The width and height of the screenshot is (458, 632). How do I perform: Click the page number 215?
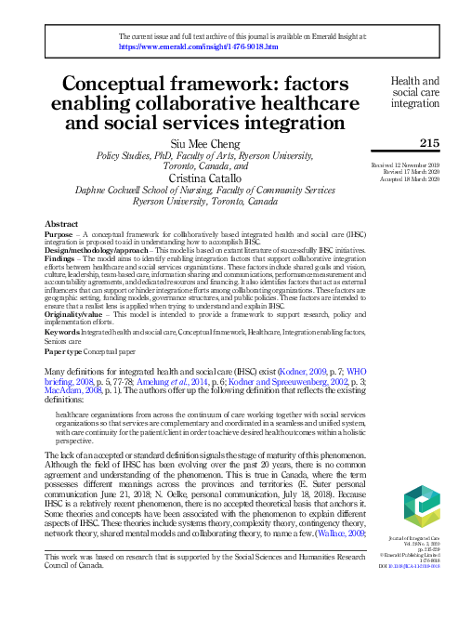[x=428, y=142]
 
